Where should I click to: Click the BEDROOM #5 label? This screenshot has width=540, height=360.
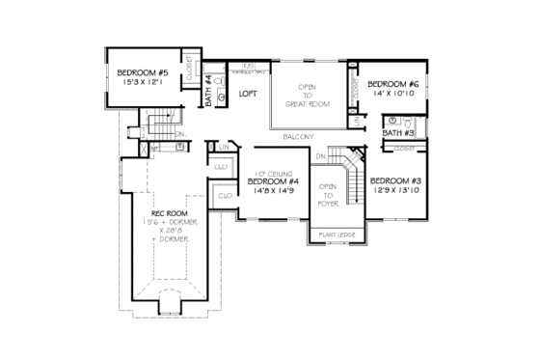tap(143, 72)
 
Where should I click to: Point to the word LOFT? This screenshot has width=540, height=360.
tap(249, 95)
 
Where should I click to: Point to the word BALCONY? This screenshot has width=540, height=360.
tap(298, 137)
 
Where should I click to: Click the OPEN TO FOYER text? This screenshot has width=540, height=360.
tap(329, 195)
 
